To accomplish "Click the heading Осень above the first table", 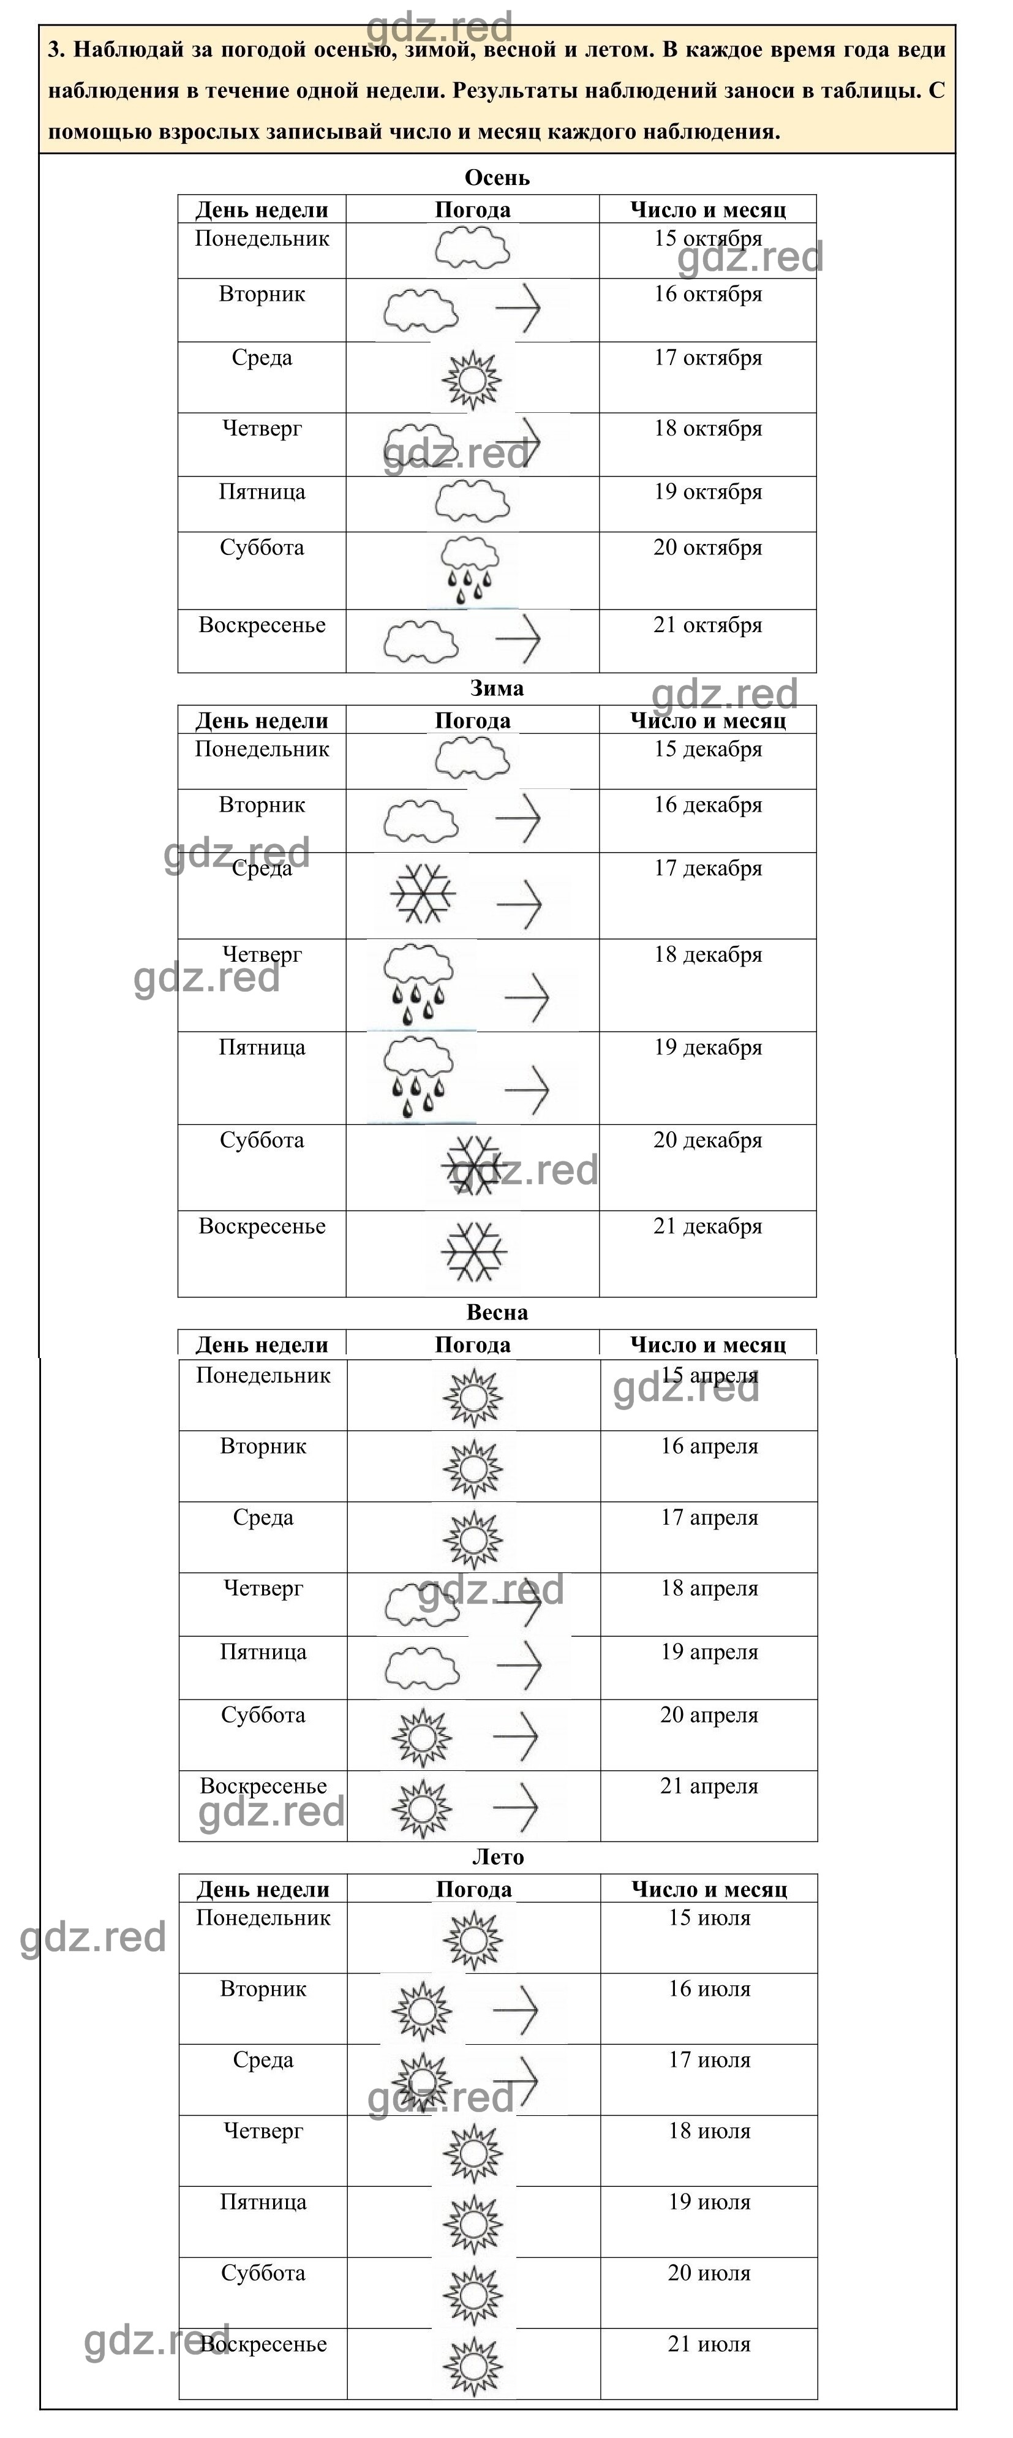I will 497,178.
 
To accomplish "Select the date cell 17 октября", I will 707,358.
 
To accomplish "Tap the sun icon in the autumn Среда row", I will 472,380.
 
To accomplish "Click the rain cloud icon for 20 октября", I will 470,570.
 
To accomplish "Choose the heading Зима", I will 497,688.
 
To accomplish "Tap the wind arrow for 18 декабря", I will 527,997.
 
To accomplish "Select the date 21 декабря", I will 707,1226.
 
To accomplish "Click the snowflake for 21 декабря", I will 473,1251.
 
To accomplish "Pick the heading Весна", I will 497,1313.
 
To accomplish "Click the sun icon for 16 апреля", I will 473,1468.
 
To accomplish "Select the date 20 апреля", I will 709,1715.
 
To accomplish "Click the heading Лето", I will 497,1857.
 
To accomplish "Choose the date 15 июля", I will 709,1919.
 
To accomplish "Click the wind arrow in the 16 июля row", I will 516,2009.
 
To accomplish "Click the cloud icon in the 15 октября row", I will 472,251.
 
